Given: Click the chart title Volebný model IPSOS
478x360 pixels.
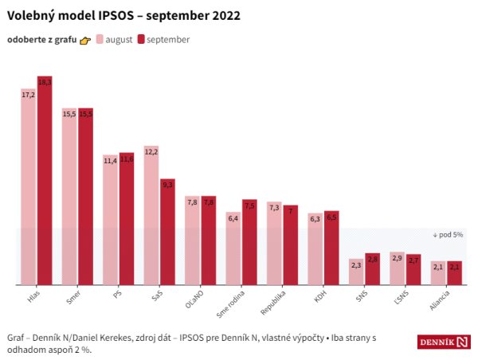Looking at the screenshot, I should tap(123, 15).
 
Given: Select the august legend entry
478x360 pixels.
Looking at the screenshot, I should tap(113, 39).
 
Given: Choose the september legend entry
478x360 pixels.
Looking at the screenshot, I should tap(163, 39).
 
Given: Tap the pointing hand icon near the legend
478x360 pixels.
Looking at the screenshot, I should tap(85, 40).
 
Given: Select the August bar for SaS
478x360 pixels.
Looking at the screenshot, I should tap(151, 214).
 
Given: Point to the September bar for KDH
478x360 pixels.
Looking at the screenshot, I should tap(331, 247).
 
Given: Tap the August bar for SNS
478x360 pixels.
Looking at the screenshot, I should tap(356, 272).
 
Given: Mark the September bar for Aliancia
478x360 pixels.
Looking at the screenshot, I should tap(454, 272).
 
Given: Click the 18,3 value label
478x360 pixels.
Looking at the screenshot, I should tap(45, 82).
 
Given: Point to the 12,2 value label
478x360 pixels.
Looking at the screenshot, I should tap(151, 151).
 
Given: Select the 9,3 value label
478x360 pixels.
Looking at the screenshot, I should tap(167, 184).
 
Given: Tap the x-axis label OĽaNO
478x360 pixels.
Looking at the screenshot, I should tap(194, 298).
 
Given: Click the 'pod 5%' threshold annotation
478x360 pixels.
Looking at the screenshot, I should tap(448, 235).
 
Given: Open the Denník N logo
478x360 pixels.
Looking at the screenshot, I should tap(443, 342).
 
